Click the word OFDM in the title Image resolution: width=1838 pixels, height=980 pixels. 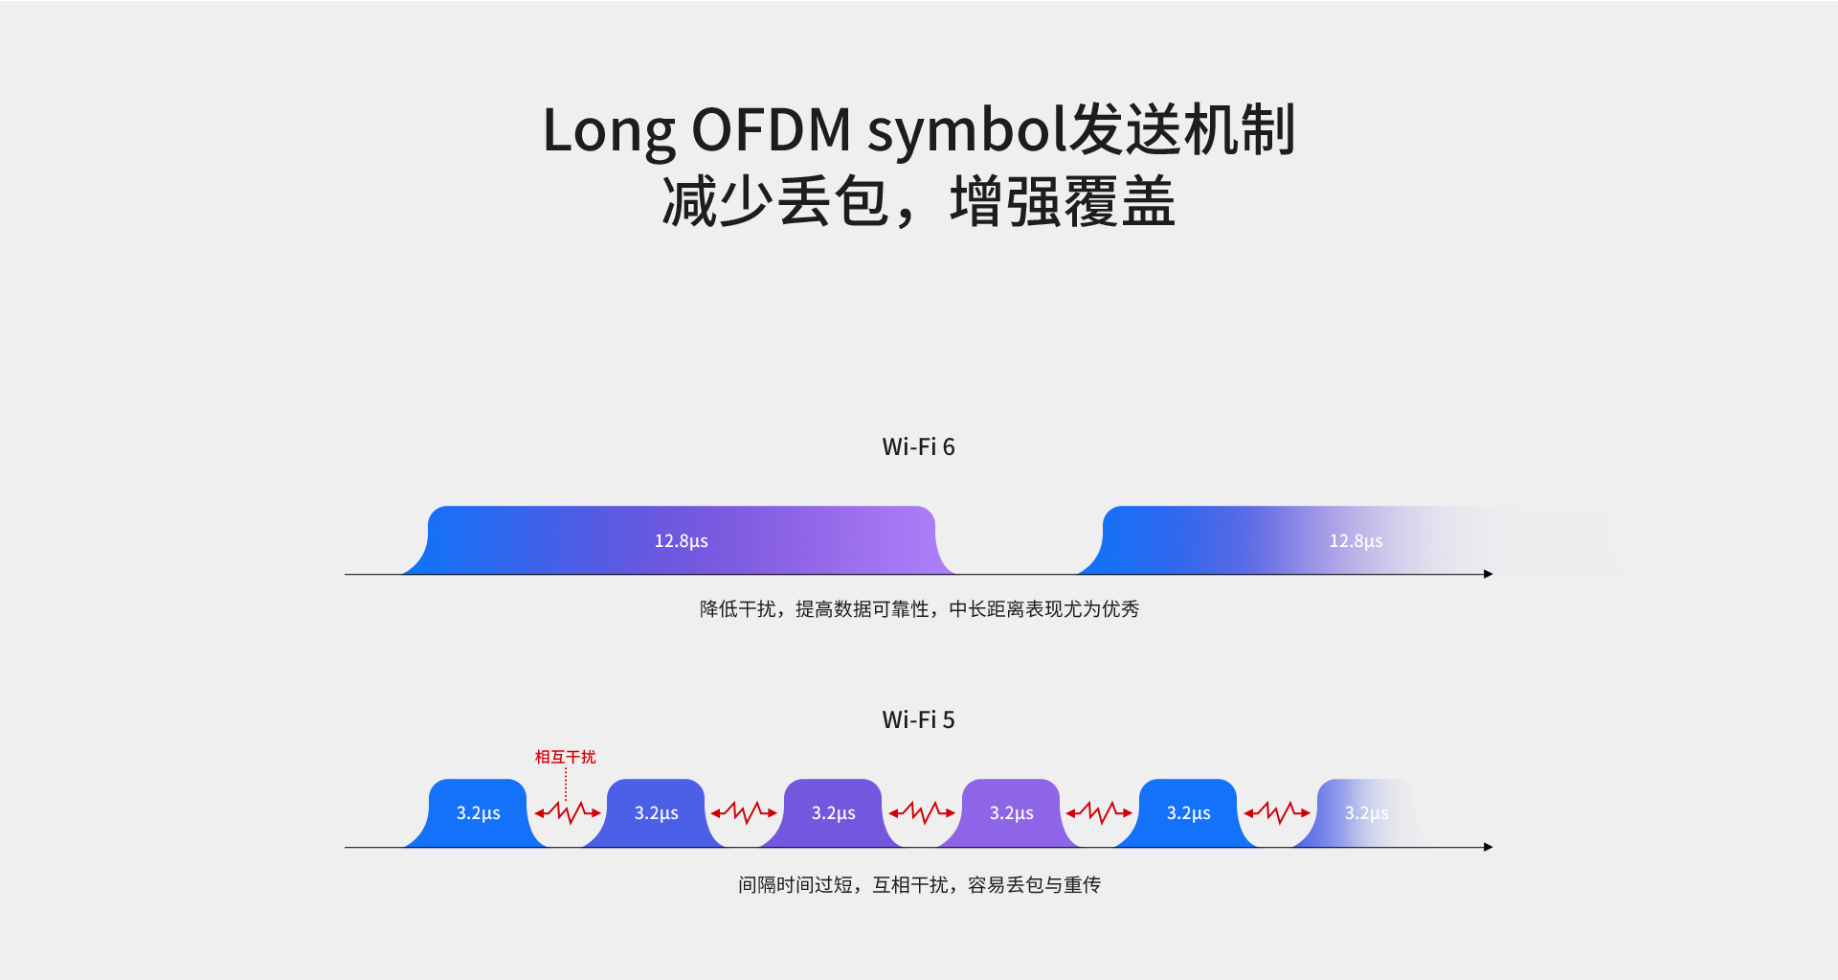771,130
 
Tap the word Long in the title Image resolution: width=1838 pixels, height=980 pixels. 609,130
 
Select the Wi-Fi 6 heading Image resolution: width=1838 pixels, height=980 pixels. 918,447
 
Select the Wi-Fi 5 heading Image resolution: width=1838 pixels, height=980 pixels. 918,720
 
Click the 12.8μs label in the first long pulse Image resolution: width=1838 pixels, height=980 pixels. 681,541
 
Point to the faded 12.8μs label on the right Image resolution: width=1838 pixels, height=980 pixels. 1356,541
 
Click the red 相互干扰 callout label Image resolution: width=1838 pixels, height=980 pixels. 565,757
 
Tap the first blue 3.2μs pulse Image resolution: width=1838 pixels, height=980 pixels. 478,813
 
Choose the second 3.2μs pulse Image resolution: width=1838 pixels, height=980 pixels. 656,813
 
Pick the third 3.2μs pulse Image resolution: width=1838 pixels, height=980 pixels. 833,813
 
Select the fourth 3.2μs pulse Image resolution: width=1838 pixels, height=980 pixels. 1011,813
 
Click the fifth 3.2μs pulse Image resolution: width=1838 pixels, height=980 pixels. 1188,813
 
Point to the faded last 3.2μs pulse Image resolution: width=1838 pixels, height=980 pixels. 1365,813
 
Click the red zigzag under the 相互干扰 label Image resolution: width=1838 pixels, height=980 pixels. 568,813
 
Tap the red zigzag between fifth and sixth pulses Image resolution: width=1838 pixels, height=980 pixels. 1277,813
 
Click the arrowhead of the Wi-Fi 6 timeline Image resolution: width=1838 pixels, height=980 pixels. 1488,574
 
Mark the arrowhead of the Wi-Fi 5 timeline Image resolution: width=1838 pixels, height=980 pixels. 1488,847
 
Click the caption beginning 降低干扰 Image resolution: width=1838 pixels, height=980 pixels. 919,609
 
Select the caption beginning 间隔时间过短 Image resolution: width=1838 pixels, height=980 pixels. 919,885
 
